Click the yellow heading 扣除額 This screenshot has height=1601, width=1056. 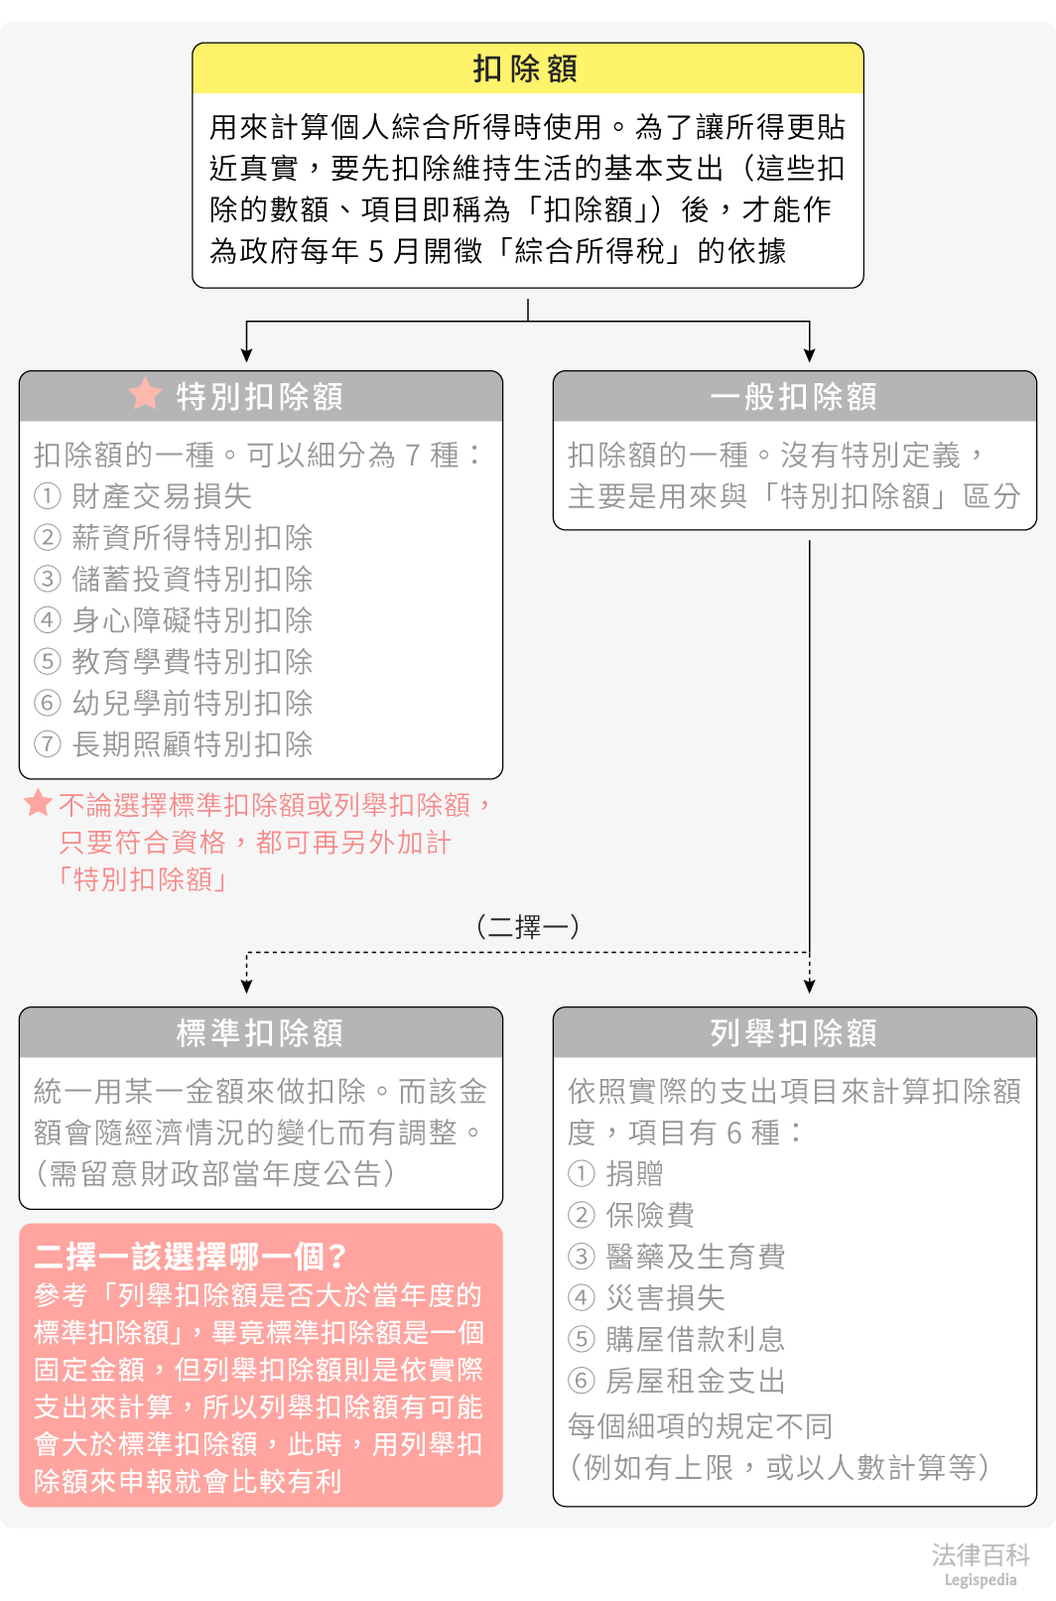[x=526, y=68]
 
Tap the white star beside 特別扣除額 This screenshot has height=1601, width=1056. [x=145, y=394]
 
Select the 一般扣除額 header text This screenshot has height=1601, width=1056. [x=794, y=397]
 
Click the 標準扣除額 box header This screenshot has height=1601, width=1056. [x=260, y=1033]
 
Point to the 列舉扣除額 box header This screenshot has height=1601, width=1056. [x=794, y=1033]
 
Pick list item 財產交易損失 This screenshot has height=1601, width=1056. [x=162, y=496]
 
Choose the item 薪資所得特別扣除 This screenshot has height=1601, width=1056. [x=193, y=538]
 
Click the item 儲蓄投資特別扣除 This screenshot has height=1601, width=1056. [x=193, y=579]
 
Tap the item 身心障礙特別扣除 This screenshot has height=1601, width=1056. [x=193, y=620]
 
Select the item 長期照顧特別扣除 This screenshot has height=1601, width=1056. [x=193, y=744]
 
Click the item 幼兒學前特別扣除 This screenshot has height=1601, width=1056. [x=193, y=703]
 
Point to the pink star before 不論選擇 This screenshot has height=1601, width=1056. [x=38, y=802]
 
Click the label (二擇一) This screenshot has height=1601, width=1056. [x=528, y=926]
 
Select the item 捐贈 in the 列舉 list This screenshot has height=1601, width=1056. [x=635, y=1174]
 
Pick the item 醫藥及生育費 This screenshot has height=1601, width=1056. [x=696, y=1257]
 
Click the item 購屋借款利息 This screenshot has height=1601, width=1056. [x=696, y=1339]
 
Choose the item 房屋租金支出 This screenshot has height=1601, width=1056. [x=696, y=1381]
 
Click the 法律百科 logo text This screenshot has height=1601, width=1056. [x=980, y=1555]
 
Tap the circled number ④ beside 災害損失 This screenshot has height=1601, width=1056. [x=581, y=1297]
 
